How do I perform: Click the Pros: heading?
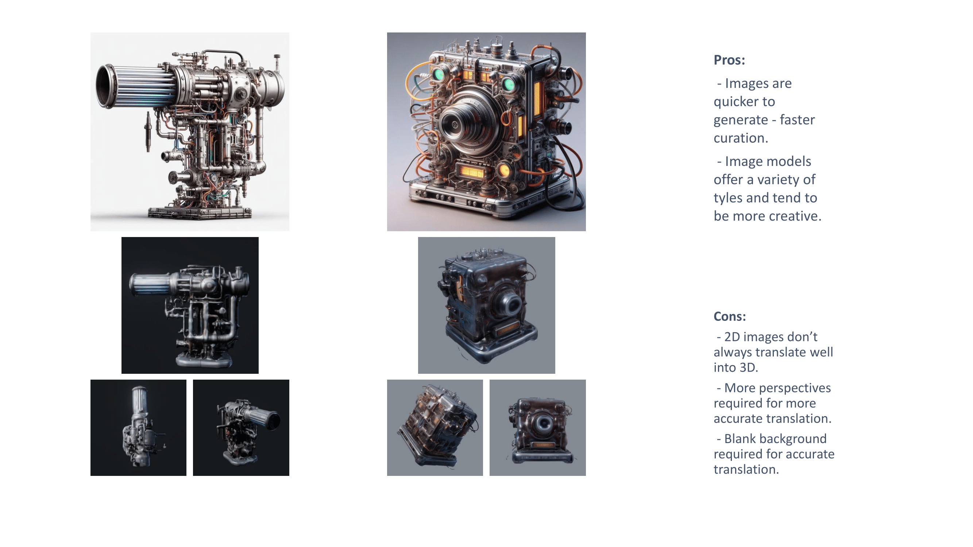pyautogui.click(x=729, y=60)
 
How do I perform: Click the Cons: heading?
pyautogui.click(x=729, y=316)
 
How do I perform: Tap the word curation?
pyautogui.click(x=741, y=138)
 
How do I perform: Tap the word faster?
pyautogui.click(x=798, y=120)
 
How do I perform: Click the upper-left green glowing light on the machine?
pyautogui.click(x=438, y=74)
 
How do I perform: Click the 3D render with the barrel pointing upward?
pyautogui.click(x=138, y=428)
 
